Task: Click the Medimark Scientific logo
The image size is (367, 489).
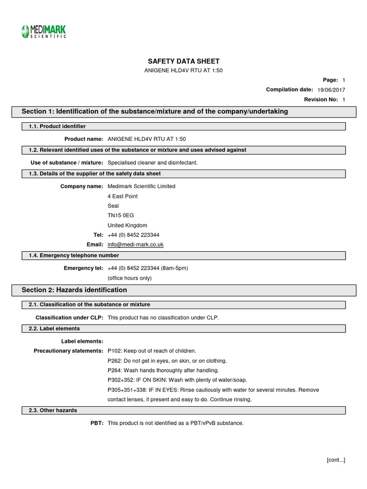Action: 43,31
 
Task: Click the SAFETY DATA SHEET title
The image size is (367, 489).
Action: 183,61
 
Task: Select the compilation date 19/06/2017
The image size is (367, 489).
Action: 331,90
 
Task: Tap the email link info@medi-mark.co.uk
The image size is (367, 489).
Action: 136,244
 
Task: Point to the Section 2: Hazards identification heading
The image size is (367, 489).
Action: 75,290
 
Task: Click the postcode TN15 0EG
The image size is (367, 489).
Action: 121,215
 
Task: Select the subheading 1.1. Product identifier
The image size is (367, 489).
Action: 54,126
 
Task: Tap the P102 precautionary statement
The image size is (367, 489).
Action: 152,351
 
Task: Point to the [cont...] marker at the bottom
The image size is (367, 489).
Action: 336,460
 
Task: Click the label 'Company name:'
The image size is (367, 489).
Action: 82,186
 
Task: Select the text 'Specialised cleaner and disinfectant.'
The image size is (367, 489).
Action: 152,163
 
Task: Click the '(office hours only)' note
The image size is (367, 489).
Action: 130,278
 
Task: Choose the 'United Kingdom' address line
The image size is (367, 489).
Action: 127,225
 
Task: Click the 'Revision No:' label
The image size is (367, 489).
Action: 321,99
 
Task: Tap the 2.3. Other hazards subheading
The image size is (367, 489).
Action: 50,410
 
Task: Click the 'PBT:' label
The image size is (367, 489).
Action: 96,423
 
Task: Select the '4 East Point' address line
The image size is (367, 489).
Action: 123,196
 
